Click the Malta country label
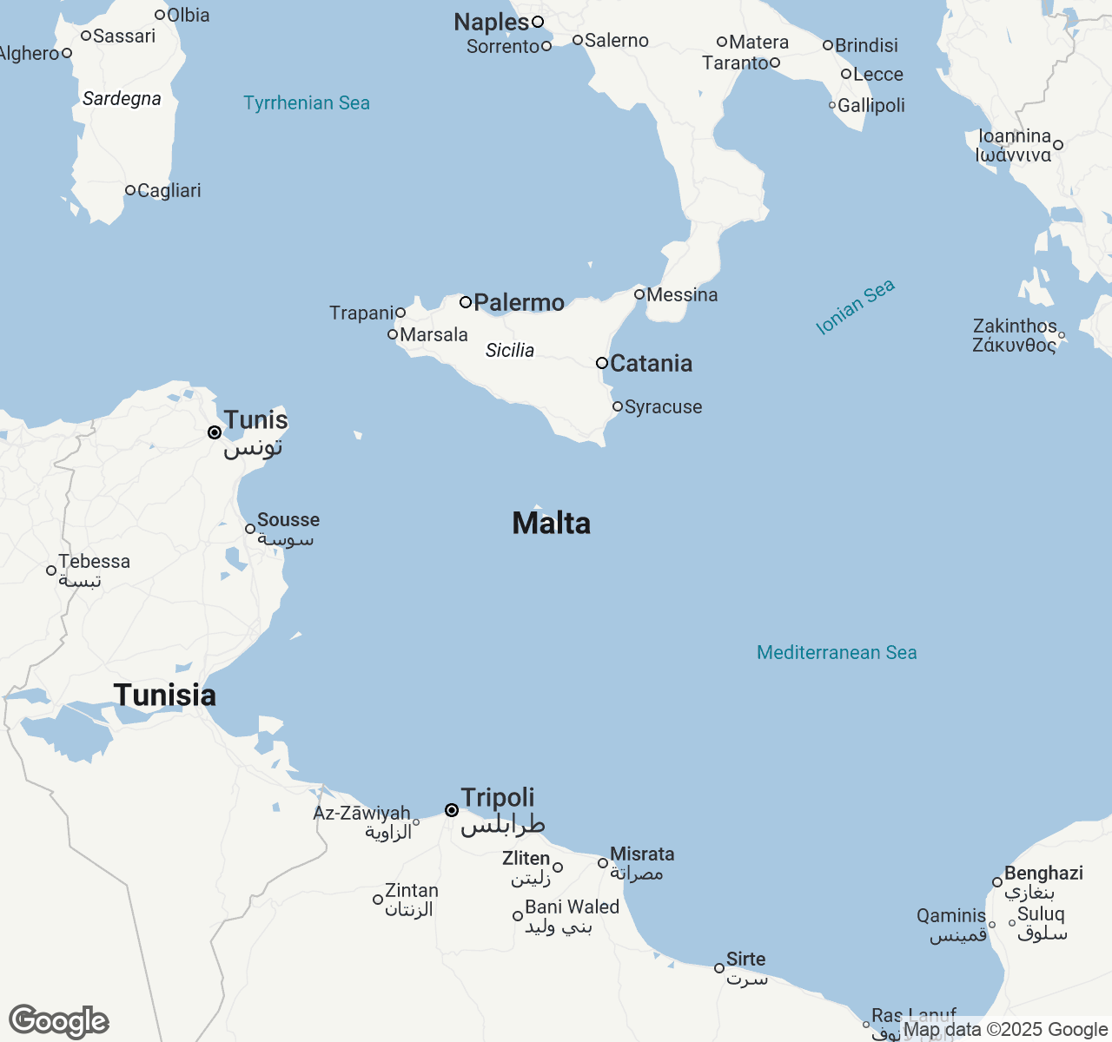coord(552,523)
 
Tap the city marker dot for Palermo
coord(466,302)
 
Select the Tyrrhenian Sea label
coord(307,103)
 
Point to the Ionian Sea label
coord(856,307)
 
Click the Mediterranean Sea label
coord(837,653)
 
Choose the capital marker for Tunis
coord(215,432)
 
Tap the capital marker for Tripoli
coord(452,810)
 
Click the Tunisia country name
coord(165,695)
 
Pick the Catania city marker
coord(601,363)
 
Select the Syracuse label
coord(663,407)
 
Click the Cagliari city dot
coord(130,190)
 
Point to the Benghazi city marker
coord(997,882)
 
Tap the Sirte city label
coord(745,959)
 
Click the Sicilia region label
coord(510,350)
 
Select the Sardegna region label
coord(122,99)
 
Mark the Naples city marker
coord(538,22)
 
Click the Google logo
coord(59,1022)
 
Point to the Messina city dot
coord(639,294)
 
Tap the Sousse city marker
coord(250,529)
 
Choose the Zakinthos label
coord(1015,326)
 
